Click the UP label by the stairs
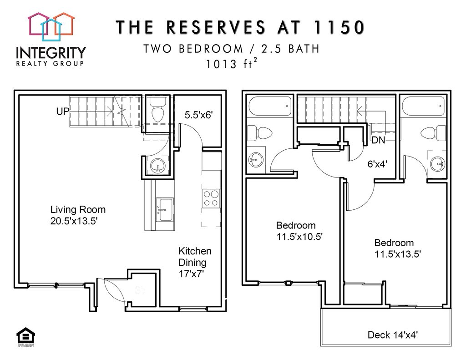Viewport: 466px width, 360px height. point(63,111)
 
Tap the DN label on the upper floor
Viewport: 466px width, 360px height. point(378,140)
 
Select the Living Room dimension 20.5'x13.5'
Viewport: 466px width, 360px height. point(74,221)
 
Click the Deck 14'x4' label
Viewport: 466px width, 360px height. point(393,335)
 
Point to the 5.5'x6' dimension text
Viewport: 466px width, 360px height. point(199,115)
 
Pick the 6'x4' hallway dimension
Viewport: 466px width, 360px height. point(377,164)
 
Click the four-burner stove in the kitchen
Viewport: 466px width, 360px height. point(211,198)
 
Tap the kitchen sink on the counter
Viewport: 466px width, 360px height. point(164,209)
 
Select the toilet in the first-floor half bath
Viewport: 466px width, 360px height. point(157,108)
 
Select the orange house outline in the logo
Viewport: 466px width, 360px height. point(64,23)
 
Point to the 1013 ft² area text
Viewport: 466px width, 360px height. point(231,64)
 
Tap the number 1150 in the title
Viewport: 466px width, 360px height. point(339,27)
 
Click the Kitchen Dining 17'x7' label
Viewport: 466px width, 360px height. point(195,262)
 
